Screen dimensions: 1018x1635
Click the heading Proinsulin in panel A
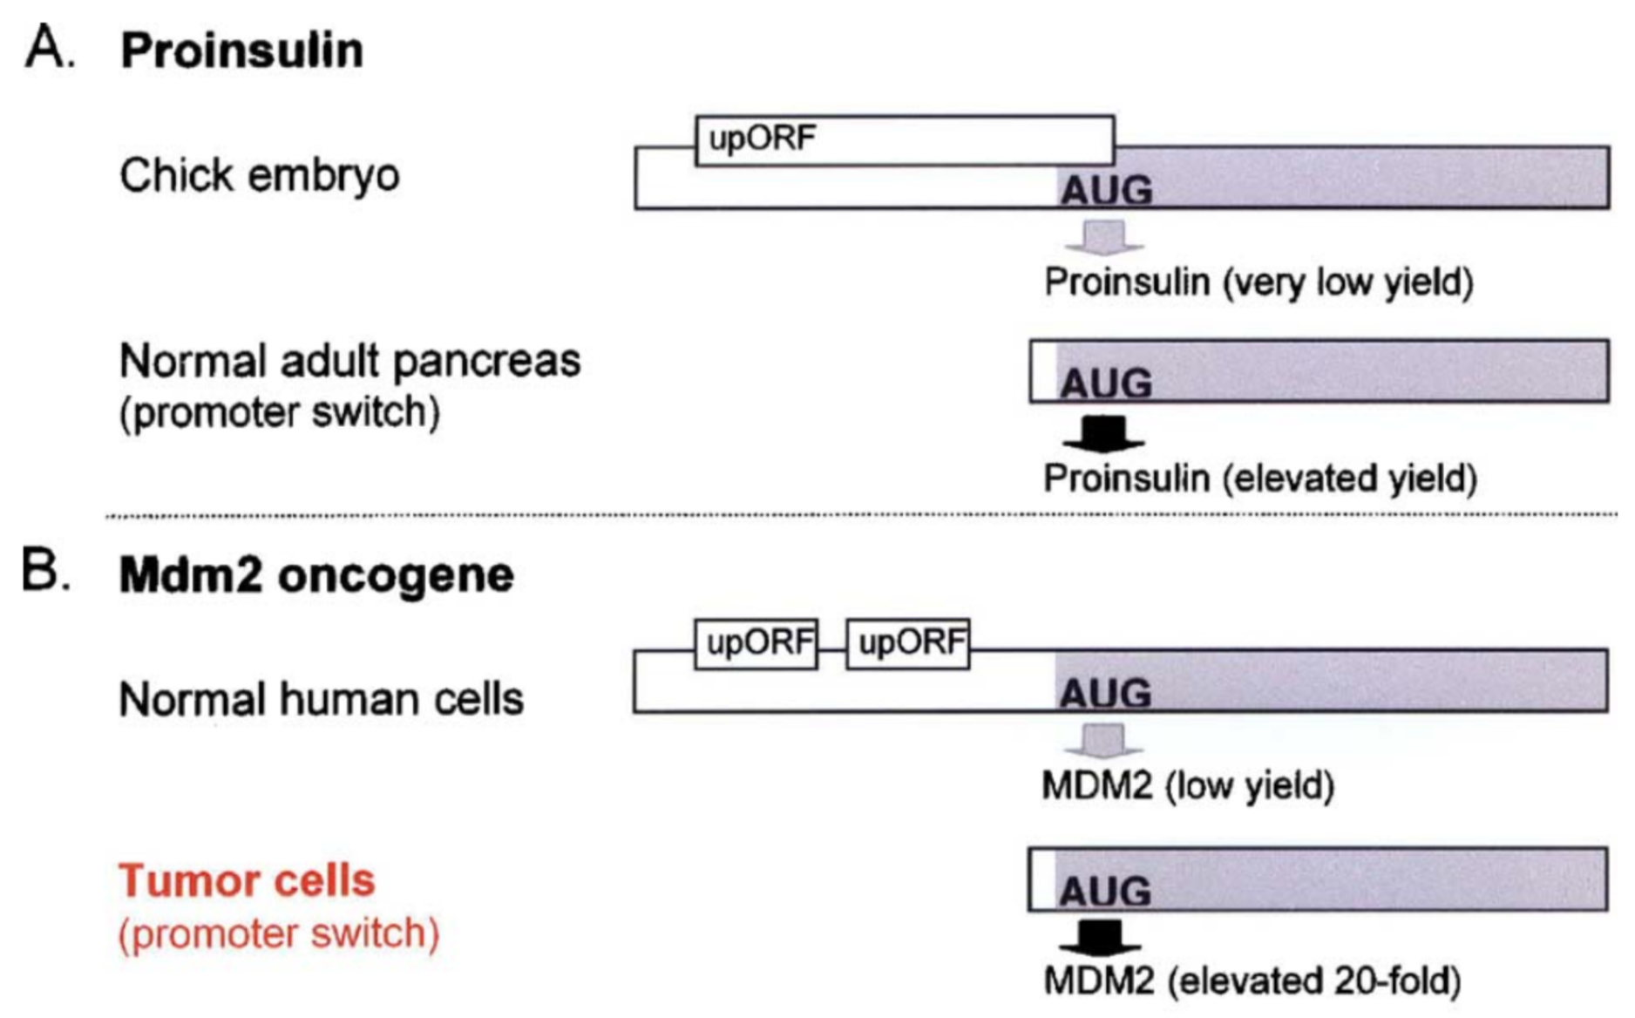click(241, 50)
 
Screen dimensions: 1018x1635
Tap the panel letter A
click(49, 47)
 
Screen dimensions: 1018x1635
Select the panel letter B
click(45, 571)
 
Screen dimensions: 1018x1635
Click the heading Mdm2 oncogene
click(315, 575)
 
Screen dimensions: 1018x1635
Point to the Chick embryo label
click(259, 175)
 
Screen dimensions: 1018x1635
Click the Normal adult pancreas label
click(349, 361)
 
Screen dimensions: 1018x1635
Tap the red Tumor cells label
click(247, 880)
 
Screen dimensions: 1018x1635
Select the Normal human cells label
click(321, 699)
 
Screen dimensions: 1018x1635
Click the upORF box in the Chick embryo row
click(904, 139)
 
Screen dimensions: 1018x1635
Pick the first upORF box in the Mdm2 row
click(756, 644)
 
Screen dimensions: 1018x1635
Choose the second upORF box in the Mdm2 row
click(907, 644)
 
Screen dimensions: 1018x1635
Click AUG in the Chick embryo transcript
click(1105, 190)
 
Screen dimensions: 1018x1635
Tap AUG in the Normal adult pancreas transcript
click(1105, 383)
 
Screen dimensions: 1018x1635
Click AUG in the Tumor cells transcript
click(1104, 891)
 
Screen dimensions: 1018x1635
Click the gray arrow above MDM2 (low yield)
click(1103, 741)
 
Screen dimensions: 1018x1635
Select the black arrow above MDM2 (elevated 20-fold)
click(1101, 938)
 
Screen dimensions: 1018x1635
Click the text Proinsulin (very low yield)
click(1258, 282)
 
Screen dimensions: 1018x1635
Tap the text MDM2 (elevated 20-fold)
click(1252, 981)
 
